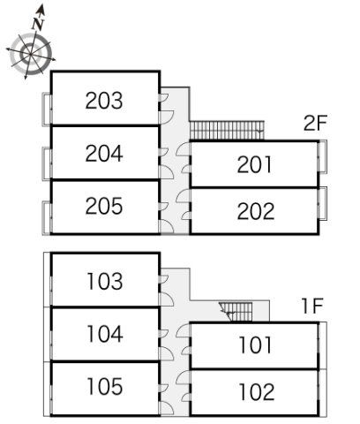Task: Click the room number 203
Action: (104, 101)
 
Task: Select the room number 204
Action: (104, 153)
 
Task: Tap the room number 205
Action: (104, 206)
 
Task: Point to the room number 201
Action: (254, 164)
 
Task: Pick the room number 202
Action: (256, 211)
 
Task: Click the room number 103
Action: (105, 281)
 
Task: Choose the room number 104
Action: (105, 334)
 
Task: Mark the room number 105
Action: (105, 386)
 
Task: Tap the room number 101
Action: (255, 345)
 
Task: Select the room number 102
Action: (257, 392)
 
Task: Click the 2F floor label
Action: (315, 123)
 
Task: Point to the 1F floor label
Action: (312, 306)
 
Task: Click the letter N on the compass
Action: (38, 24)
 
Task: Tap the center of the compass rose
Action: (31, 55)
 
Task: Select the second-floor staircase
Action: (227, 130)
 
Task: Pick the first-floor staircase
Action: (236, 312)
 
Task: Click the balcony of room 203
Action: (47, 110)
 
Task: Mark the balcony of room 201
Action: (323, 156)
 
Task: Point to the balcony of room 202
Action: (323, 203)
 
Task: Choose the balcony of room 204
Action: (47, 163)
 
